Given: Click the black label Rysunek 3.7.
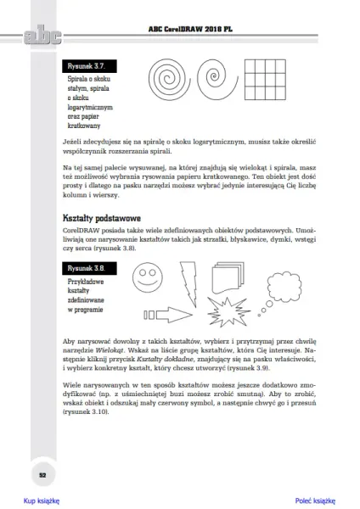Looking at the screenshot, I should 89,66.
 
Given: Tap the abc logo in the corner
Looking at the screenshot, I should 42,35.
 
